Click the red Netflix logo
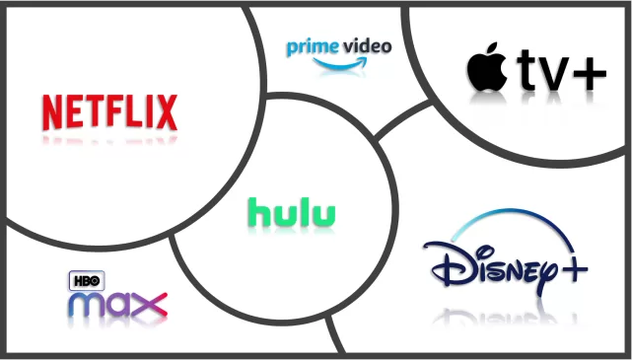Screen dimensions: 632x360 (x=109, y=112)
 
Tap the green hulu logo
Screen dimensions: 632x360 (x=292, y=212)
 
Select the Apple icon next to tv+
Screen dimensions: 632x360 (x=487, y=66)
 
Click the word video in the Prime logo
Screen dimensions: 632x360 (x=365, y=46)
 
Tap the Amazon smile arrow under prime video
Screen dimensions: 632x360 (x=340, y=64)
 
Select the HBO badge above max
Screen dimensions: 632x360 (x=87, y=281)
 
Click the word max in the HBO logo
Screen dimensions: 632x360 (x=117, y=305)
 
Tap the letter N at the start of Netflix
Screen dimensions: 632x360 (x=52, y=112)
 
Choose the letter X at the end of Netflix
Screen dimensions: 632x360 (x=167, y=112)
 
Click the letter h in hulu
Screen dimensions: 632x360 (x=258, y=212)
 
